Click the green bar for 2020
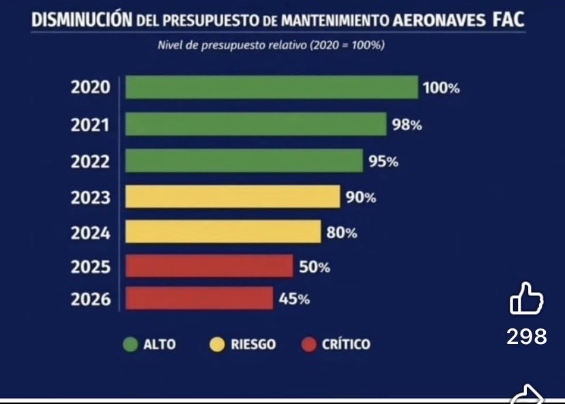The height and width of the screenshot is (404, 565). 272,87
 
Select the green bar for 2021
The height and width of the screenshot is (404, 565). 256,124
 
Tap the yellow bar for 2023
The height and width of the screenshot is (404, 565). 233,197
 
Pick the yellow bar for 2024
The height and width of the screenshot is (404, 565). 223,232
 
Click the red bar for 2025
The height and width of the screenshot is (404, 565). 209,266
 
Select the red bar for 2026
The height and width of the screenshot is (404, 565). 199,298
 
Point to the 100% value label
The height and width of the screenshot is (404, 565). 441,89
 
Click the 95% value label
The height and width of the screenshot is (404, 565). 384,162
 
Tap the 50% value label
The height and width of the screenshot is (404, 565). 315,268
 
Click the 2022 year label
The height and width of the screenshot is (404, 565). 90,161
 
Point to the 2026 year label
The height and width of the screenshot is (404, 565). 90,299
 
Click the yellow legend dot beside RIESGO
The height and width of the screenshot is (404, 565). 216,345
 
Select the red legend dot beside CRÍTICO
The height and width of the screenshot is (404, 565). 309,345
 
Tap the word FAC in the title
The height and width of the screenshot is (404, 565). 508,20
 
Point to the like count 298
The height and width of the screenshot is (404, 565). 526,336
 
